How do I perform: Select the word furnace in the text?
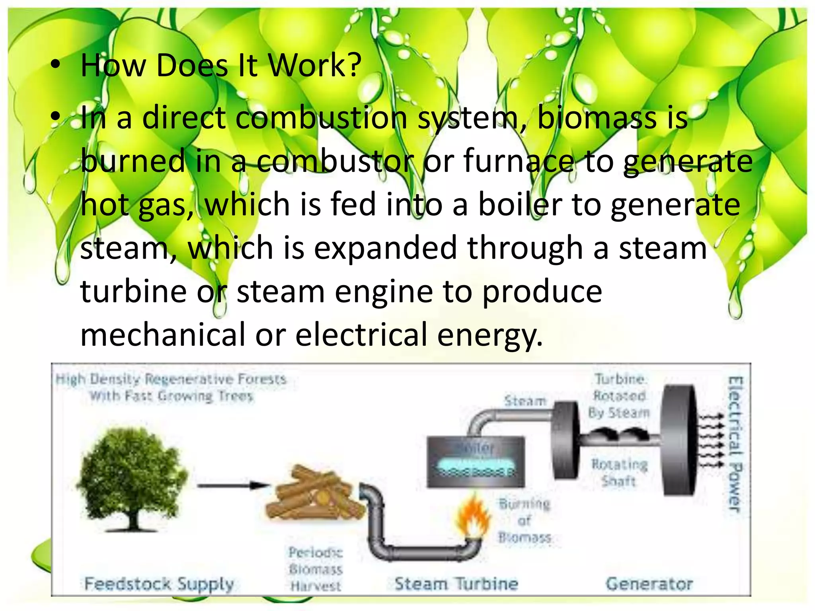coord(519,161)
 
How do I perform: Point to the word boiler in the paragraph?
coord(520,204)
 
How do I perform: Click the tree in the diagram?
coord(131,477)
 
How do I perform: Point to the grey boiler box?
coord(476,462)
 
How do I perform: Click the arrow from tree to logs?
coord(233,485)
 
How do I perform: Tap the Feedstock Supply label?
coord(159,584)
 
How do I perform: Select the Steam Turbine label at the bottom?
coord(456,584)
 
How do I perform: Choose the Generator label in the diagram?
coord(649,584)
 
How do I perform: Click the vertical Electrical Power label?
coord(734,444)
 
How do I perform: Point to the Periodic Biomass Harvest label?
coord(316,569)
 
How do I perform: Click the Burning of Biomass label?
coord(525,521)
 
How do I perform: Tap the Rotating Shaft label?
coord(619,473)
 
